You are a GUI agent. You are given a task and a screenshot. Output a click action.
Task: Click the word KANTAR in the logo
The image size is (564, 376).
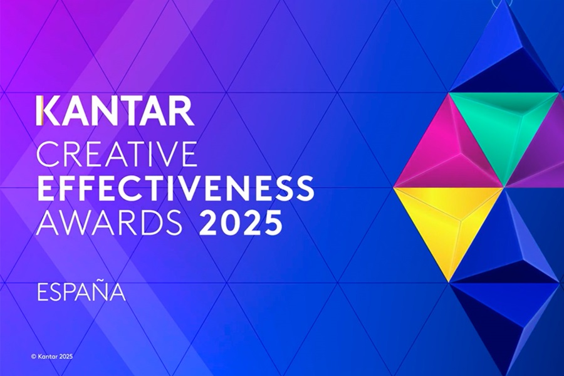(x=115, y=111)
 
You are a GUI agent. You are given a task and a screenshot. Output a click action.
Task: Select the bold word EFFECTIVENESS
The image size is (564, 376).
(x=175, y=187)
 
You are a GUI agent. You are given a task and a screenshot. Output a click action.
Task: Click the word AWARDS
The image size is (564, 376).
(x=109, y=222)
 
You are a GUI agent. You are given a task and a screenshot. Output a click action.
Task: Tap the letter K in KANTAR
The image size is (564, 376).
(x=48, y=111)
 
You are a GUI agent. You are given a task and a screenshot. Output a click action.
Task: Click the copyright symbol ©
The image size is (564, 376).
(x=33, y=357)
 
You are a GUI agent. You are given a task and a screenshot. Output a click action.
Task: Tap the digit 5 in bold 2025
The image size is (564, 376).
(x=269, y=222)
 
